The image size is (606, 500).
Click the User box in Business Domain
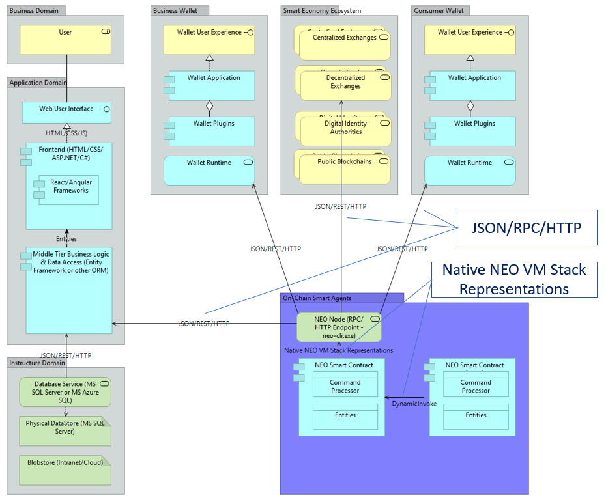click(x=65, y=40)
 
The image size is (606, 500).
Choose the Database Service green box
click(x=65, y=392)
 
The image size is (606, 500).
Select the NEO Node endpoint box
click(x=339, y=327)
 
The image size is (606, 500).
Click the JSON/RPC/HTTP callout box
click(x=527, y=227)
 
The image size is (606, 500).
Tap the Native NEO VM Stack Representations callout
click(x=513, y=279)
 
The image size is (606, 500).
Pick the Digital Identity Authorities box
click(x=345, y=131)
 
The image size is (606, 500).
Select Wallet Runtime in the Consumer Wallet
click(x=469, y=170)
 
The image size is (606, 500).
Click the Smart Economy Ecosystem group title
click(x=322, y=11)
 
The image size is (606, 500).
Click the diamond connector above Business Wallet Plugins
click(x=209, y=105)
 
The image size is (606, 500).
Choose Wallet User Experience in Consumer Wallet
click(x=469, y=40)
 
